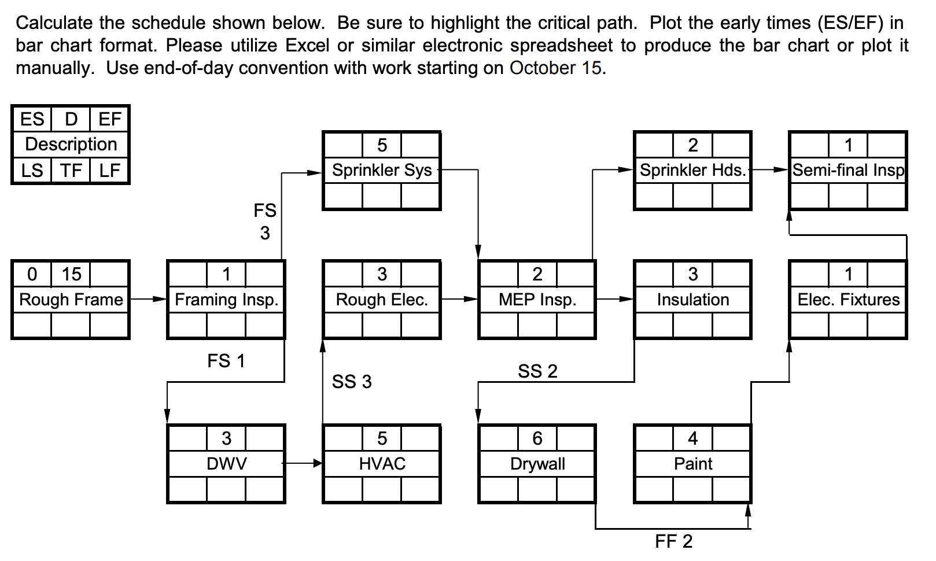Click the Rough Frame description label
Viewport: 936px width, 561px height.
click(71, 300)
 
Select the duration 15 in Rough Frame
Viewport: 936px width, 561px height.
click(71, 274)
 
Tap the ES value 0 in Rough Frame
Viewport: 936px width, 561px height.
click(32, 274)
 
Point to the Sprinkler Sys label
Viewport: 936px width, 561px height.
click(382, 170)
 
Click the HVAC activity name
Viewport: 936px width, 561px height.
click(382, 464)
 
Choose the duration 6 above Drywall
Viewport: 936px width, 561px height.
click(537, 438)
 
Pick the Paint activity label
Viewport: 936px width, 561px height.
click(693, 464)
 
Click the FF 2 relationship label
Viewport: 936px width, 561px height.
click(673, 541)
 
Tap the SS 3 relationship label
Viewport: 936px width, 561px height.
click(352, 382)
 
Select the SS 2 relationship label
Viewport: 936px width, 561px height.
click(537, 371)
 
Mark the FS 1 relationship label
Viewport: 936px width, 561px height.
click(226, 361)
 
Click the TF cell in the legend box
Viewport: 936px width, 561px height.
click(71, 171)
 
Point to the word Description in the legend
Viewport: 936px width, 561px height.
click(71, 144)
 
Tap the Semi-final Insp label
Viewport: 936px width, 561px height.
click(848, 170)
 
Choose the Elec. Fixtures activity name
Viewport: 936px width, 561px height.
click(849, 300)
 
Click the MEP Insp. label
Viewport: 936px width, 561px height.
click(537, 300)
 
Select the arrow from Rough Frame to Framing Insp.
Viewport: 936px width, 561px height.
click(148, 299)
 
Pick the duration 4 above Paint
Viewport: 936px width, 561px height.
click(693, 438)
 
